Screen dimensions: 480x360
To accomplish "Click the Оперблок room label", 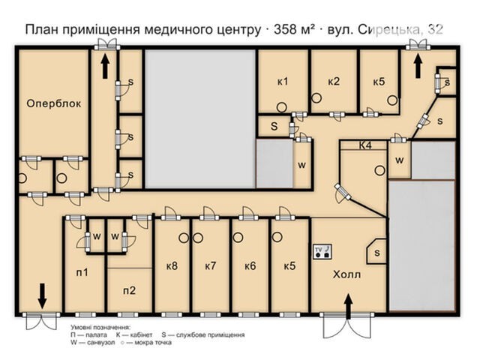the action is click(54, 103).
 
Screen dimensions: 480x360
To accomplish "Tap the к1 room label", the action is click(283, 82).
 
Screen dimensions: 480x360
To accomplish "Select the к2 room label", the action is click(334, 82).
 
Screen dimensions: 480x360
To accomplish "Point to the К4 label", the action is click(365, 145).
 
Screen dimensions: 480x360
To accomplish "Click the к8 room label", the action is click(172, 265).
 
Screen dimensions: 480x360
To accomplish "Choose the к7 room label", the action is click(211, 265).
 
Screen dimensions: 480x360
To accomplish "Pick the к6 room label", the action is click(250, 265).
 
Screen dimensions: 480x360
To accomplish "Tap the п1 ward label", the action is click(82, 271).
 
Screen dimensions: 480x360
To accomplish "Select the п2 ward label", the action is click(130, 290).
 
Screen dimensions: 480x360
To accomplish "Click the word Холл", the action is click(346, 274).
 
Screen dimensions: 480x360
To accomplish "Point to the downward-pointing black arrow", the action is click(42, 295).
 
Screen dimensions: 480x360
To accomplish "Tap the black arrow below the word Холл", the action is click(348, 307).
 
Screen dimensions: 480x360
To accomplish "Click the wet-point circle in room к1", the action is click(282, 107).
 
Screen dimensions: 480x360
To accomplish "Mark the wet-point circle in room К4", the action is click(380, 170).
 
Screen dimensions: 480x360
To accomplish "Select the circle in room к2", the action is click(316, 98).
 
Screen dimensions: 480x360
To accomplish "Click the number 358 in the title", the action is click(285, 30).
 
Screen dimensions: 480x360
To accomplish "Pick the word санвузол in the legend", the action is click(101, 343).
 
